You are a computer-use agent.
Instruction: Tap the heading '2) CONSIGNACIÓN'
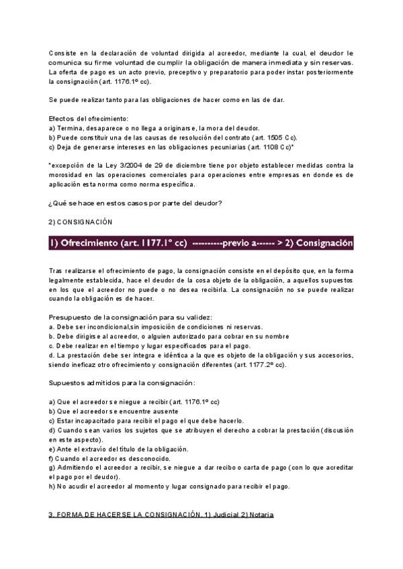pyautogui.click(x=81, y=222)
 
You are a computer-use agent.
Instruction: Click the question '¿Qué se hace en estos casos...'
pyautogui.click(x=136, y=203)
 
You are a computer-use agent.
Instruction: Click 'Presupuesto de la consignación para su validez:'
pyautogui.click(x=131, y=317)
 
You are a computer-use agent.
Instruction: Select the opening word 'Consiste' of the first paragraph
pyautogui.click(x=62, y=53)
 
